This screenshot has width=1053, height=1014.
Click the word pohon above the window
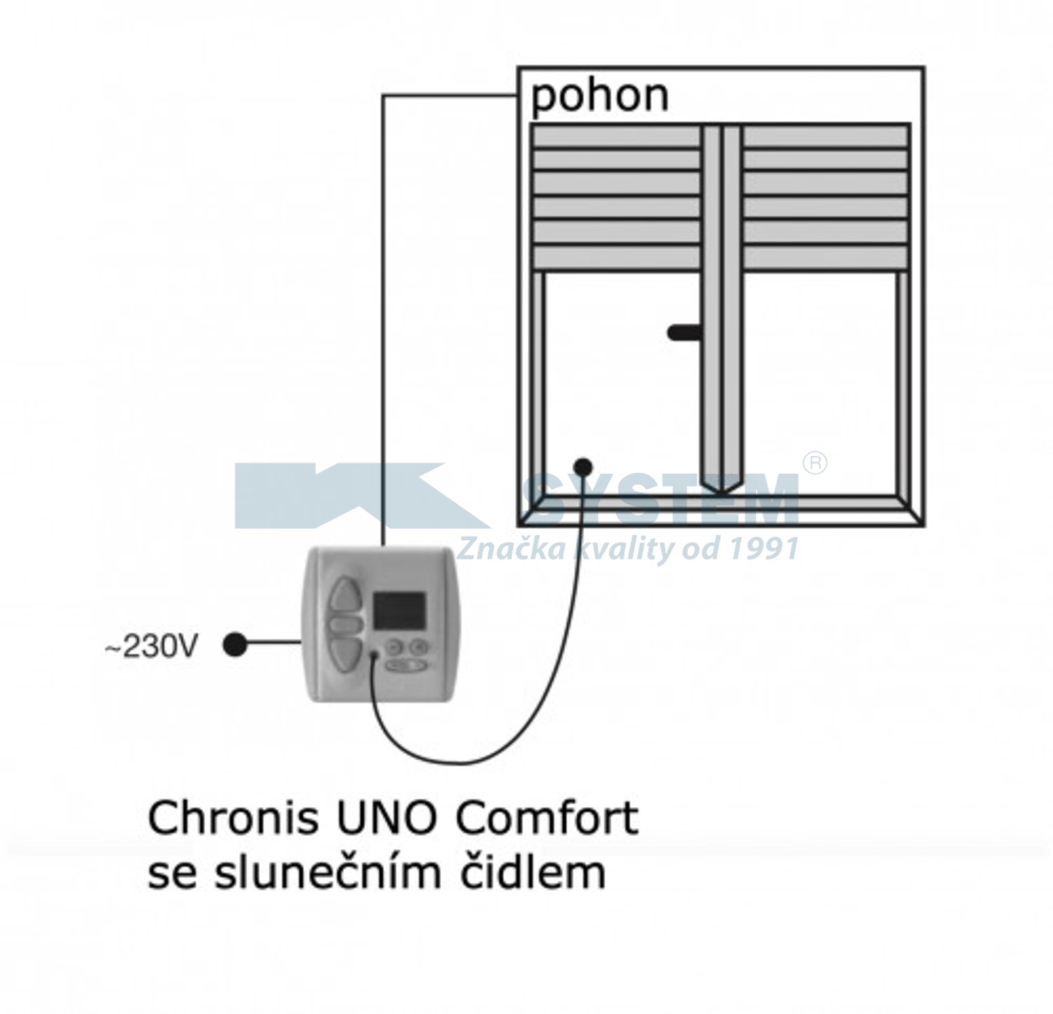[x=600, y=97]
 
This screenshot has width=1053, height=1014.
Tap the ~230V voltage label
[x=151, y=648]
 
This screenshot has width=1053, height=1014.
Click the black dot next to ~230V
[x=235, y=645]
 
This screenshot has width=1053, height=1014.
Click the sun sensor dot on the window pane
[x=582, y=468]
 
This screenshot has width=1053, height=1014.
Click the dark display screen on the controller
[x=399, y=610]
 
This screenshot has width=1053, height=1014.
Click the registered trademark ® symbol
[x=815, y=463]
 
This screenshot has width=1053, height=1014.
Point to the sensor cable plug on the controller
[x=374, y=655]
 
